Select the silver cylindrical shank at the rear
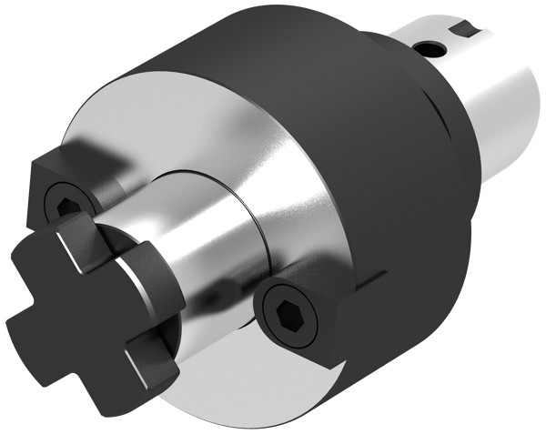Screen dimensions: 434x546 tap(491, 109)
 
